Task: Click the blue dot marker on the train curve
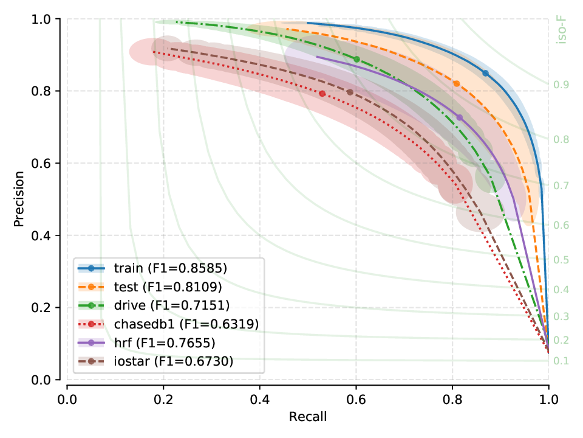tap(485, 73)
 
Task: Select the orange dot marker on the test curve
tap(457, 84)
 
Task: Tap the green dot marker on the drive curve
tap(356, 59)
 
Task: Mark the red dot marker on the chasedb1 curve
tap(322, 94)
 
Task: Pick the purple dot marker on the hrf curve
tap(459, 117)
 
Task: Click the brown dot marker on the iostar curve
tap(350, 92)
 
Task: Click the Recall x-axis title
tap(307, 417)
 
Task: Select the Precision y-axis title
tap(20, 200)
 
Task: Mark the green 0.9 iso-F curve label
tap(562, 85)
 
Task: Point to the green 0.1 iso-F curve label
tap(562, 361)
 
